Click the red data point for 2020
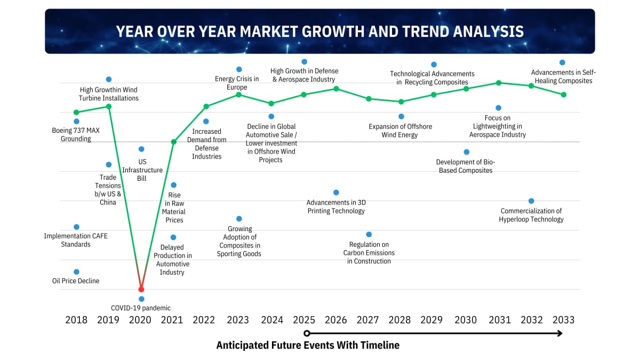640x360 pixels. pos(141,289)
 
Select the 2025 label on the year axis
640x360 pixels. pos(304,319)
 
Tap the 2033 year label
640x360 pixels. pos(563,319)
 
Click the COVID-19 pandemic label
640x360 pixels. pos(141,308)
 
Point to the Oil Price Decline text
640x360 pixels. pos(76,281)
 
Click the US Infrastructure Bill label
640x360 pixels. pos(142,170)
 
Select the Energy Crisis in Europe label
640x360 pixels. pos(237,83)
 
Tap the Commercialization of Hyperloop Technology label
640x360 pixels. pos(531,215)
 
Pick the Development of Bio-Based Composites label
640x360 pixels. pos(466,166)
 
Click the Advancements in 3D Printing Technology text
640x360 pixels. pos(336,206)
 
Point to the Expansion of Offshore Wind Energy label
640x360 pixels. pos(401,131)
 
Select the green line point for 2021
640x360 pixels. pos(173,142)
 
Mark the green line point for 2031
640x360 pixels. pos(499,83)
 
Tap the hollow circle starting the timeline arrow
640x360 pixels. pos(307,333)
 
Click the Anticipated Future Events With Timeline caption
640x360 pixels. pos(308,345)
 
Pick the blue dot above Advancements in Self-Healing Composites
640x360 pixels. pos(562,62)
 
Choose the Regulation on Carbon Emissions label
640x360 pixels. pos(369,253)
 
